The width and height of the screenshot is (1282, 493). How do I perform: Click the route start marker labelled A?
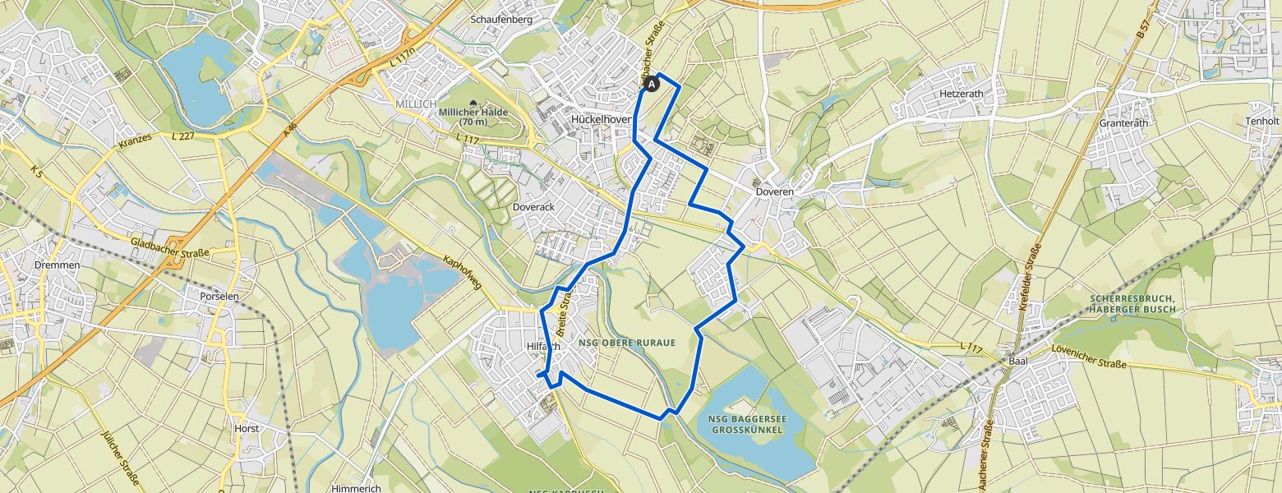(652, 84)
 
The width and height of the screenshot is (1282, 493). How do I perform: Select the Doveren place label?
(774, 191)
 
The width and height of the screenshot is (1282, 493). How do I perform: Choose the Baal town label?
(1017, 361)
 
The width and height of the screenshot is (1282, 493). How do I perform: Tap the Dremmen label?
(58, 265)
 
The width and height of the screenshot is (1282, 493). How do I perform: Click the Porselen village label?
(219, 296)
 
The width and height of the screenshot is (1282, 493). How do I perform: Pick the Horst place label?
(246, 428)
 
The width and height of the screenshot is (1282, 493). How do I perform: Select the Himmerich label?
(356, 488)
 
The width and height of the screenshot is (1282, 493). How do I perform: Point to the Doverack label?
(533, 207)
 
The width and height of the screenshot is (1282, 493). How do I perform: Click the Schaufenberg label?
(501, 19)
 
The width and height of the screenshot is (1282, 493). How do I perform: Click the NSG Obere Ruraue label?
(633, 342)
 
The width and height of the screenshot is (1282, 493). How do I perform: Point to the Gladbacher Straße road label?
(170, 248)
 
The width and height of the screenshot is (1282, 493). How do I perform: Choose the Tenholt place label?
(1262, 121)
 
